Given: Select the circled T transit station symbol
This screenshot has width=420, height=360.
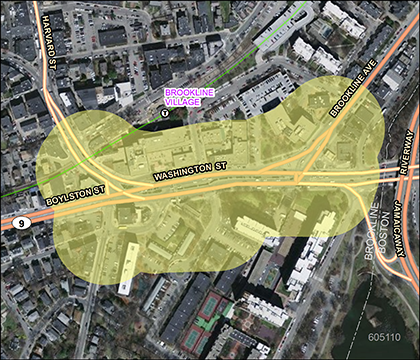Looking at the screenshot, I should pyautogui.click(x=164, y=115).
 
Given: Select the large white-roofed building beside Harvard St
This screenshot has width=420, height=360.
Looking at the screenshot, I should pyautogui.click(x=123, y=94).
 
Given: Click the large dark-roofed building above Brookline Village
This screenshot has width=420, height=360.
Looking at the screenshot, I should pyautogui.click(x=265, y=92).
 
